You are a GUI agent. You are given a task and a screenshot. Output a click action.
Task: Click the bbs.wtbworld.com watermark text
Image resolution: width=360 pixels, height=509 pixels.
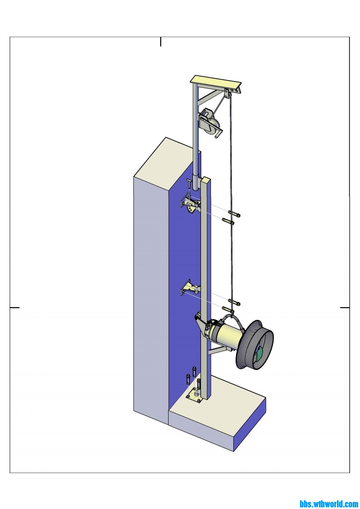pyautogui.click(x=329, y=504)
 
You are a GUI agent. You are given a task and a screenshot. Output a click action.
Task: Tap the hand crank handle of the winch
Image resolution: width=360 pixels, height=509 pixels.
pyautogui.click(x=218, y=134)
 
